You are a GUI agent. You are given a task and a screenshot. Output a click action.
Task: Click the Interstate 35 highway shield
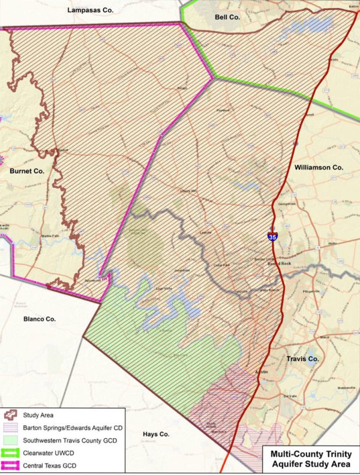pyautogui.click(x=272, y=235)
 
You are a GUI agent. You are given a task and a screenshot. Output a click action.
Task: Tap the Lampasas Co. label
pyautogui.click(x=91, y=11)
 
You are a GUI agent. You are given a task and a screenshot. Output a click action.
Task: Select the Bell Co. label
pyautogui.click(x=227, y=17)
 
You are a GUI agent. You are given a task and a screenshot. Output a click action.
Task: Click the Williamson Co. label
pyautogui.click(x=318, y=168)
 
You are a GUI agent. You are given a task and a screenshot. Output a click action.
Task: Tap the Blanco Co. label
pyautogui.click(x=40, y=319)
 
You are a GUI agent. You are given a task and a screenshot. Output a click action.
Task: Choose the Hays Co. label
pyautogui.click(x=157, y=434)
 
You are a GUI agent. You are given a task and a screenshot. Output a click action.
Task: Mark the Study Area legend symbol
pyautogui.click(x=12, y=414)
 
